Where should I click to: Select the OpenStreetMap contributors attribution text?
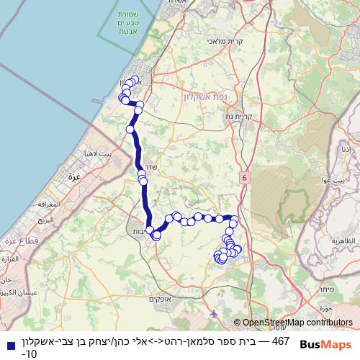(x=297, y=323)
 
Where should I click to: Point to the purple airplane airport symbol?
(x=215, y=313)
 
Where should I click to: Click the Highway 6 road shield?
(x=245, y=176)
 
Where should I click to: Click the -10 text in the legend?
(x=30, y=354)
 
